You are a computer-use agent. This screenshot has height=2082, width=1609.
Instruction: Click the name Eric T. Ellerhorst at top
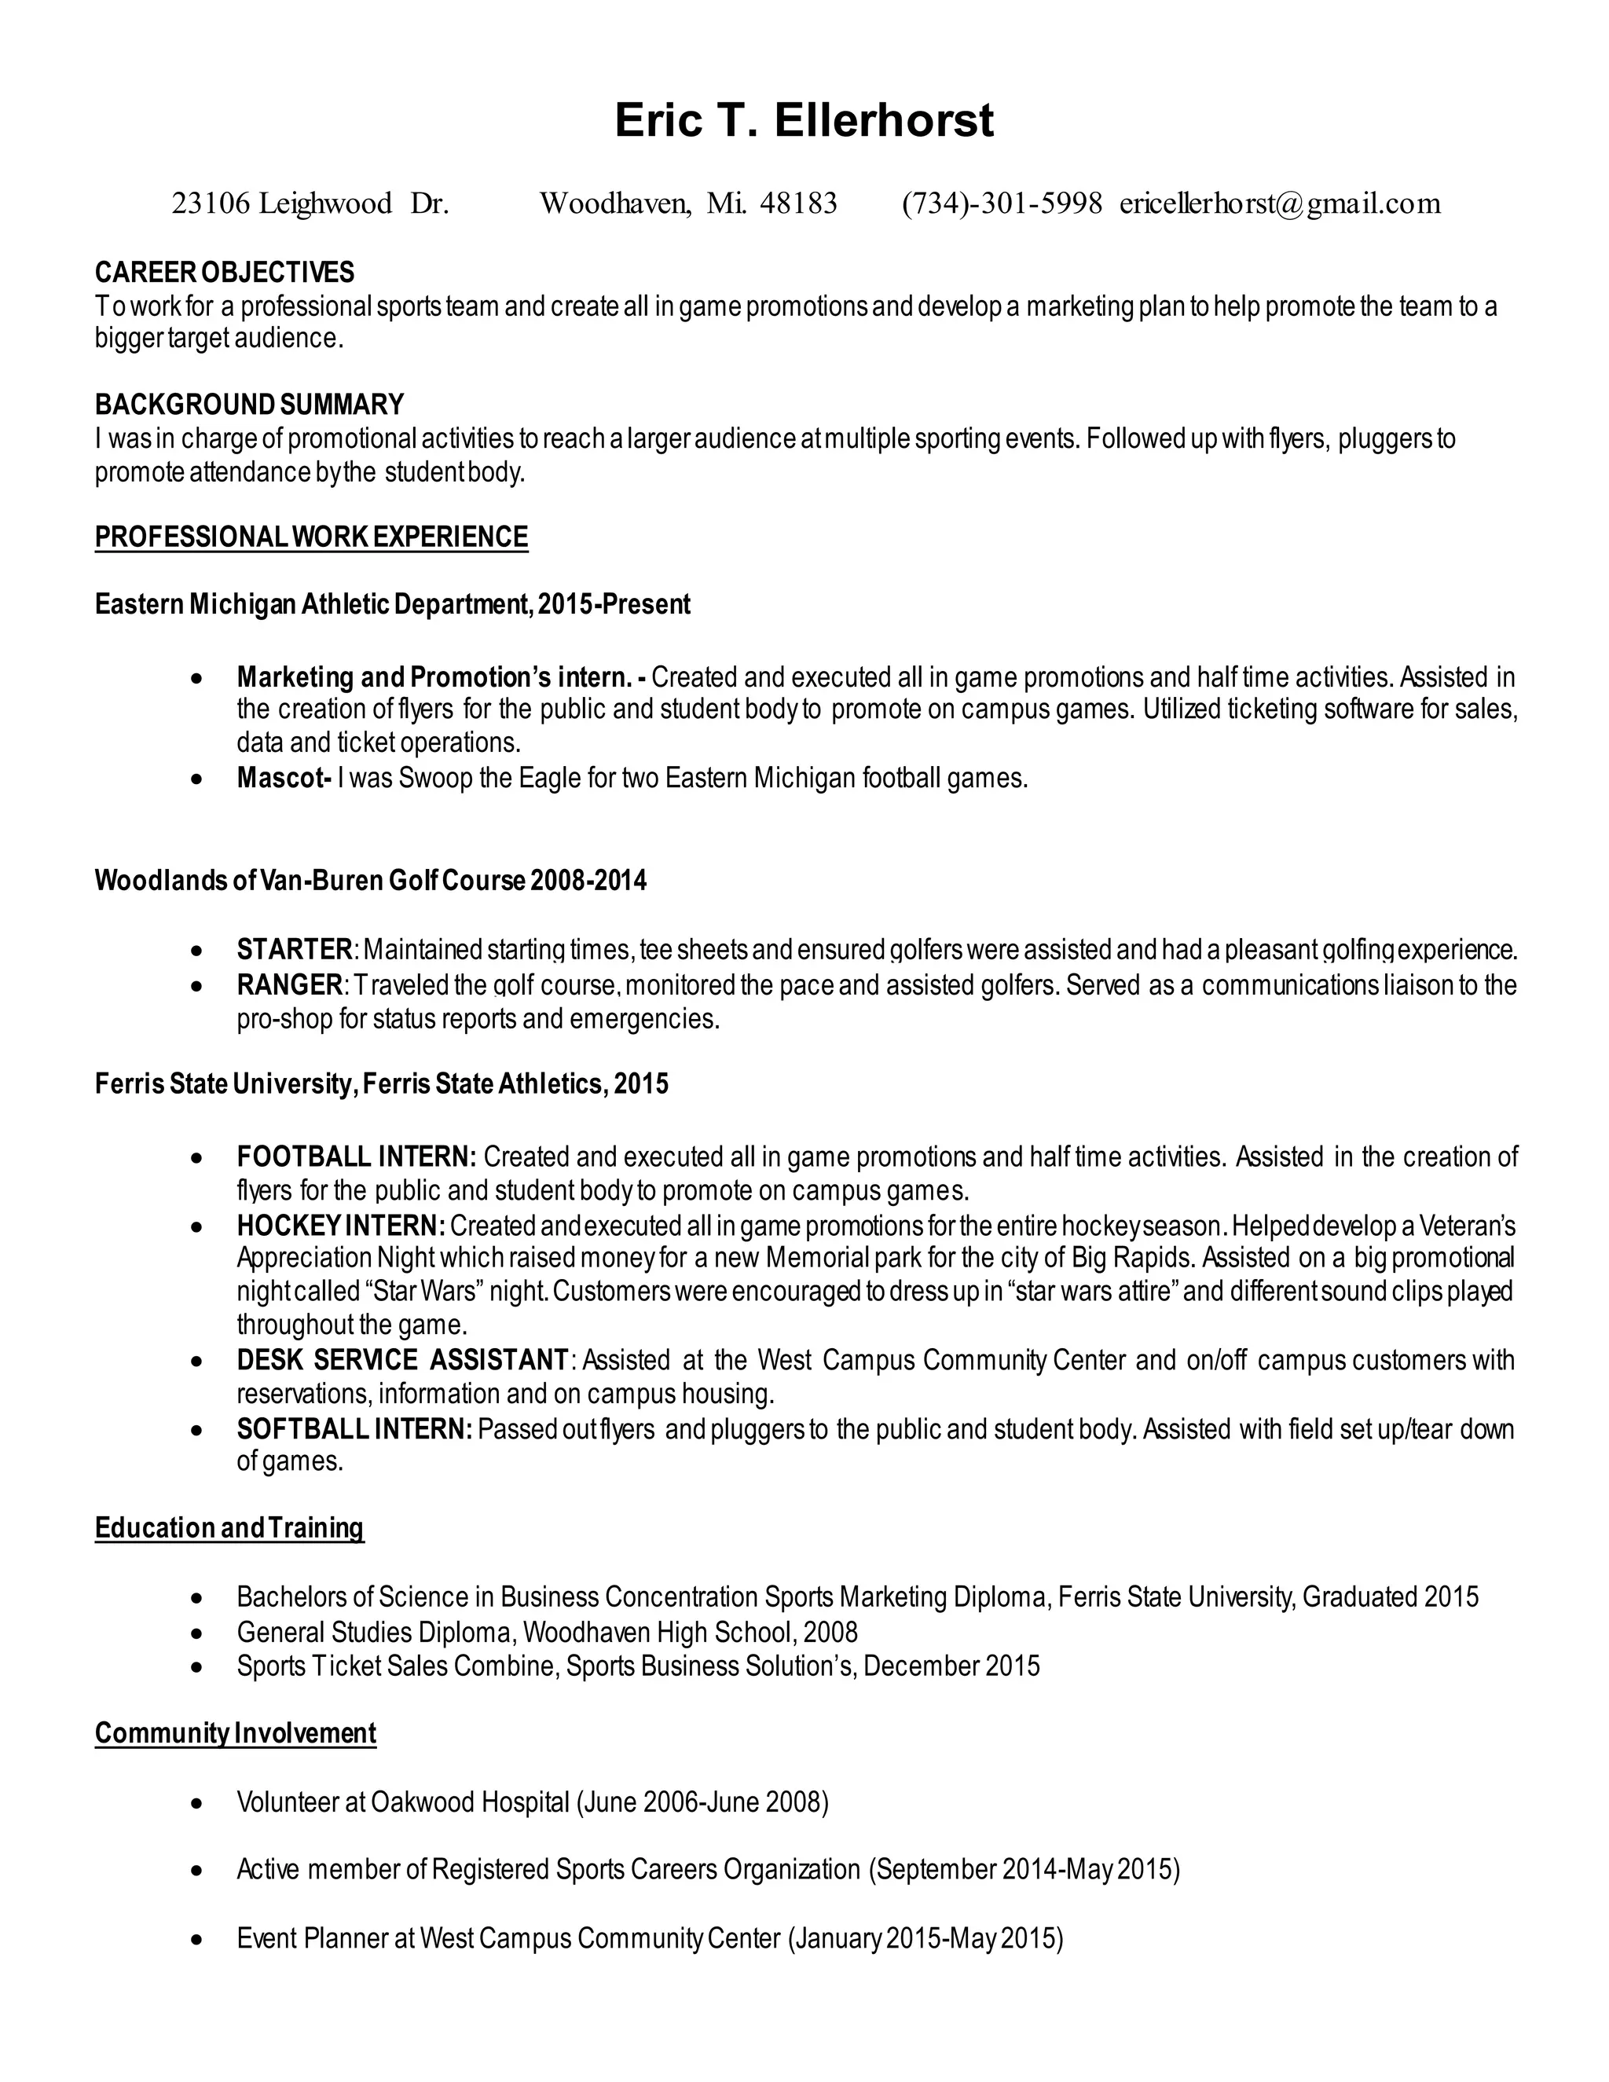(x=804, y=121)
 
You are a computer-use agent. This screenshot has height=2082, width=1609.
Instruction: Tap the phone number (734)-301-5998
(x=1002, y=203)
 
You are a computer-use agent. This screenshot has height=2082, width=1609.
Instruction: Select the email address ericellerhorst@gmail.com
(x=1279, y=203)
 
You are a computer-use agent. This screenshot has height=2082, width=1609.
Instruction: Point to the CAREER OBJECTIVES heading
(x=224, y=273)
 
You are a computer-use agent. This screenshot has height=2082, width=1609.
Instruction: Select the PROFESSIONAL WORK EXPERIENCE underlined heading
(x=311, y=537)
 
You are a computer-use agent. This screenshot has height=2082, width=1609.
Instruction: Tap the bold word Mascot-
(x=283, y=778)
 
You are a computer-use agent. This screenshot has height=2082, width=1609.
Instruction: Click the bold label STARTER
(x=295, y=950)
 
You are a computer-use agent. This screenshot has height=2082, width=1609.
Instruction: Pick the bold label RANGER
(x=289, y=984)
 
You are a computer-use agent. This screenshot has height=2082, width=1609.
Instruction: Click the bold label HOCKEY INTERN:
(x=340, y=1225)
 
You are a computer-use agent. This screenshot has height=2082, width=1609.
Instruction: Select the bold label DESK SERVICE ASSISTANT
(x=402, y=1359)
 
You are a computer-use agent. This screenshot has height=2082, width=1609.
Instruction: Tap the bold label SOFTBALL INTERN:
(x=354, y=1429)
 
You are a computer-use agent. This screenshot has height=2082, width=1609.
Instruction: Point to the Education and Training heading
(x=229, y=1528)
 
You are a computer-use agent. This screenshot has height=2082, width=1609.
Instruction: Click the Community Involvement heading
(x=236, y=1732)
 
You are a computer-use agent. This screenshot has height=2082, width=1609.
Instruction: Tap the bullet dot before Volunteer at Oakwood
(x=196, y=1804)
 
